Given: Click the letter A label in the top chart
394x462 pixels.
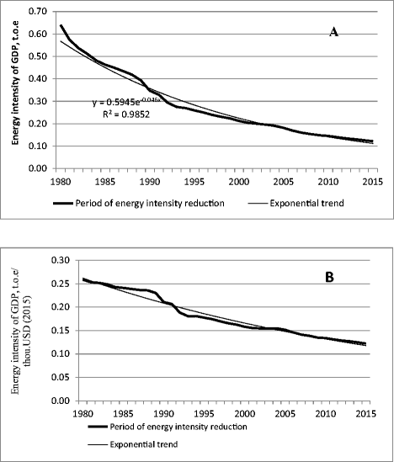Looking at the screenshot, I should pyautogui.click(x=334, y=32).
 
